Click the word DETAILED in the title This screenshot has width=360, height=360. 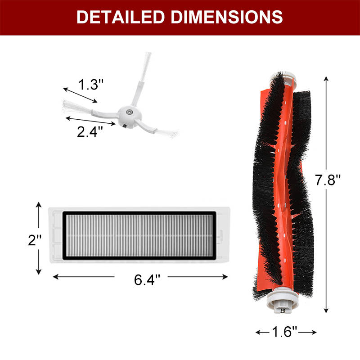point(121,17)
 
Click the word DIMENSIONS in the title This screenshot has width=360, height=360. point(227,17)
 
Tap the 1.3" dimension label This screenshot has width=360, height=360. point(91,84)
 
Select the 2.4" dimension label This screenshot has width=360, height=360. point(90,132)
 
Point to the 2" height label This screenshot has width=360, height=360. point(35,240)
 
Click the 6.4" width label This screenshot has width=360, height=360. point(147,279)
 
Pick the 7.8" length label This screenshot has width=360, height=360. point(328,180)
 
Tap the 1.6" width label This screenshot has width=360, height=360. point(284,332)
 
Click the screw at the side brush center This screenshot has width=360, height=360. point(129,112)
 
